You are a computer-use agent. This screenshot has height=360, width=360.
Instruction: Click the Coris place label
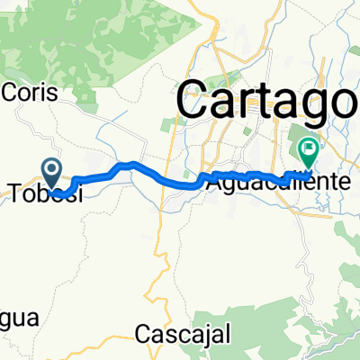click(x=31, y=93)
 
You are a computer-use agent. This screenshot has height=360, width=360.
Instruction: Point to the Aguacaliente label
click(x=280, y=181)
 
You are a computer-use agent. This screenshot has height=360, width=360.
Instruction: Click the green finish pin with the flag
click(x=308, y=148)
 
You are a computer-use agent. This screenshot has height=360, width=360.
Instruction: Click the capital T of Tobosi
click(x=14, y=193)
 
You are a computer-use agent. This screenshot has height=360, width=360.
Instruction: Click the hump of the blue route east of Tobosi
click(x=131, y=165)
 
